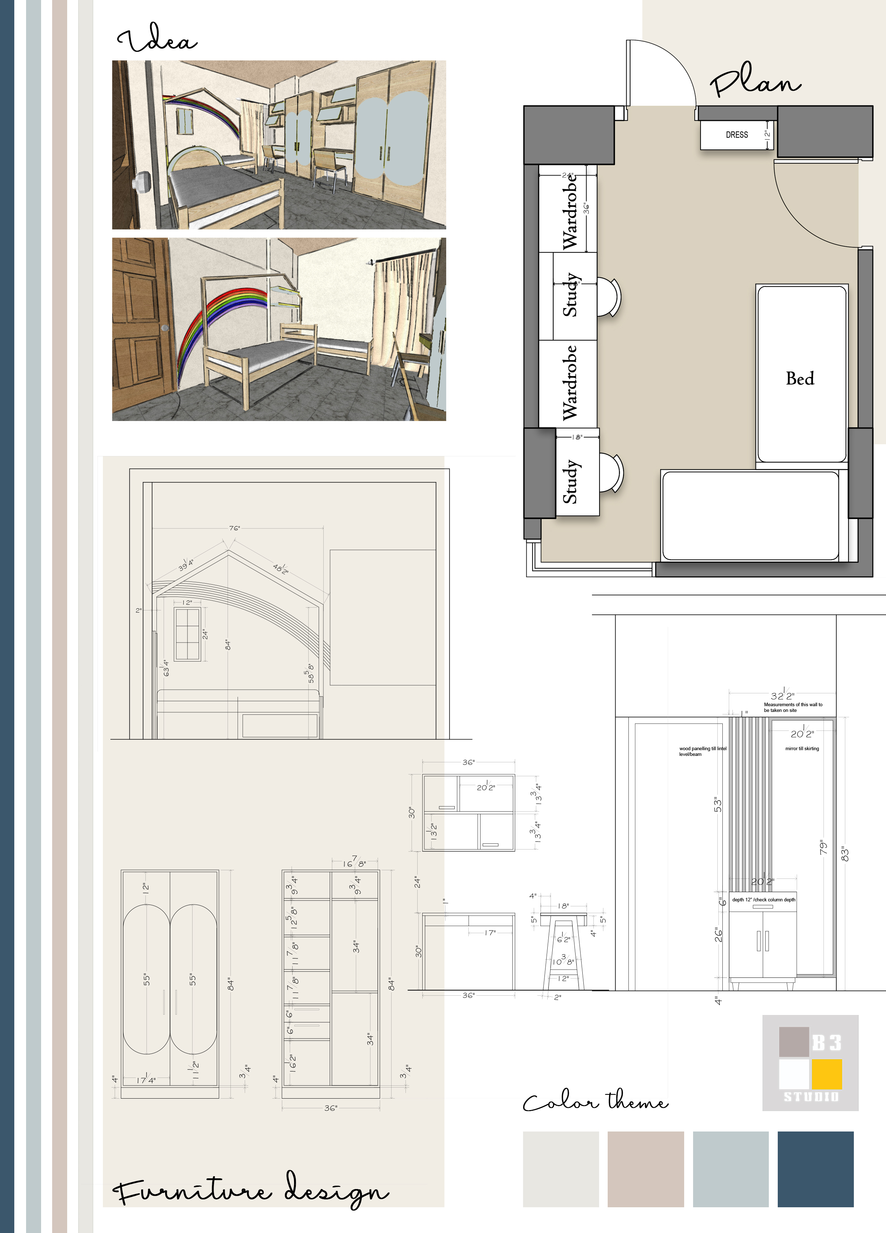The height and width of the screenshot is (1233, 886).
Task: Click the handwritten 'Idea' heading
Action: tap(157, 39)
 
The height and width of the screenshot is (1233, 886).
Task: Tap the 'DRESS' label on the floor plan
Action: tap(737, 135)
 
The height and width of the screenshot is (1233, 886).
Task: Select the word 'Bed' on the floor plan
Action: tap(800, 378)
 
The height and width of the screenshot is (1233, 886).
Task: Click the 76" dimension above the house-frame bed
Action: tap(234, 528)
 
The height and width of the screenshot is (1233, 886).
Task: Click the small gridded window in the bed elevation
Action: tap(187, 634)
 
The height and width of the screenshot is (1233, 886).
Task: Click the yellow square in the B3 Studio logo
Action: tap(826, 1074)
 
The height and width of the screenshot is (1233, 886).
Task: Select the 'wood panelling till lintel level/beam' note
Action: tap(702, 751)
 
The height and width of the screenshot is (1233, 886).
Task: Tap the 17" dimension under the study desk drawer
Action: tap(490, 933)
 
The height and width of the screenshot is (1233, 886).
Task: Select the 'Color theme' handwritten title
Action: tap(595, 1101)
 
